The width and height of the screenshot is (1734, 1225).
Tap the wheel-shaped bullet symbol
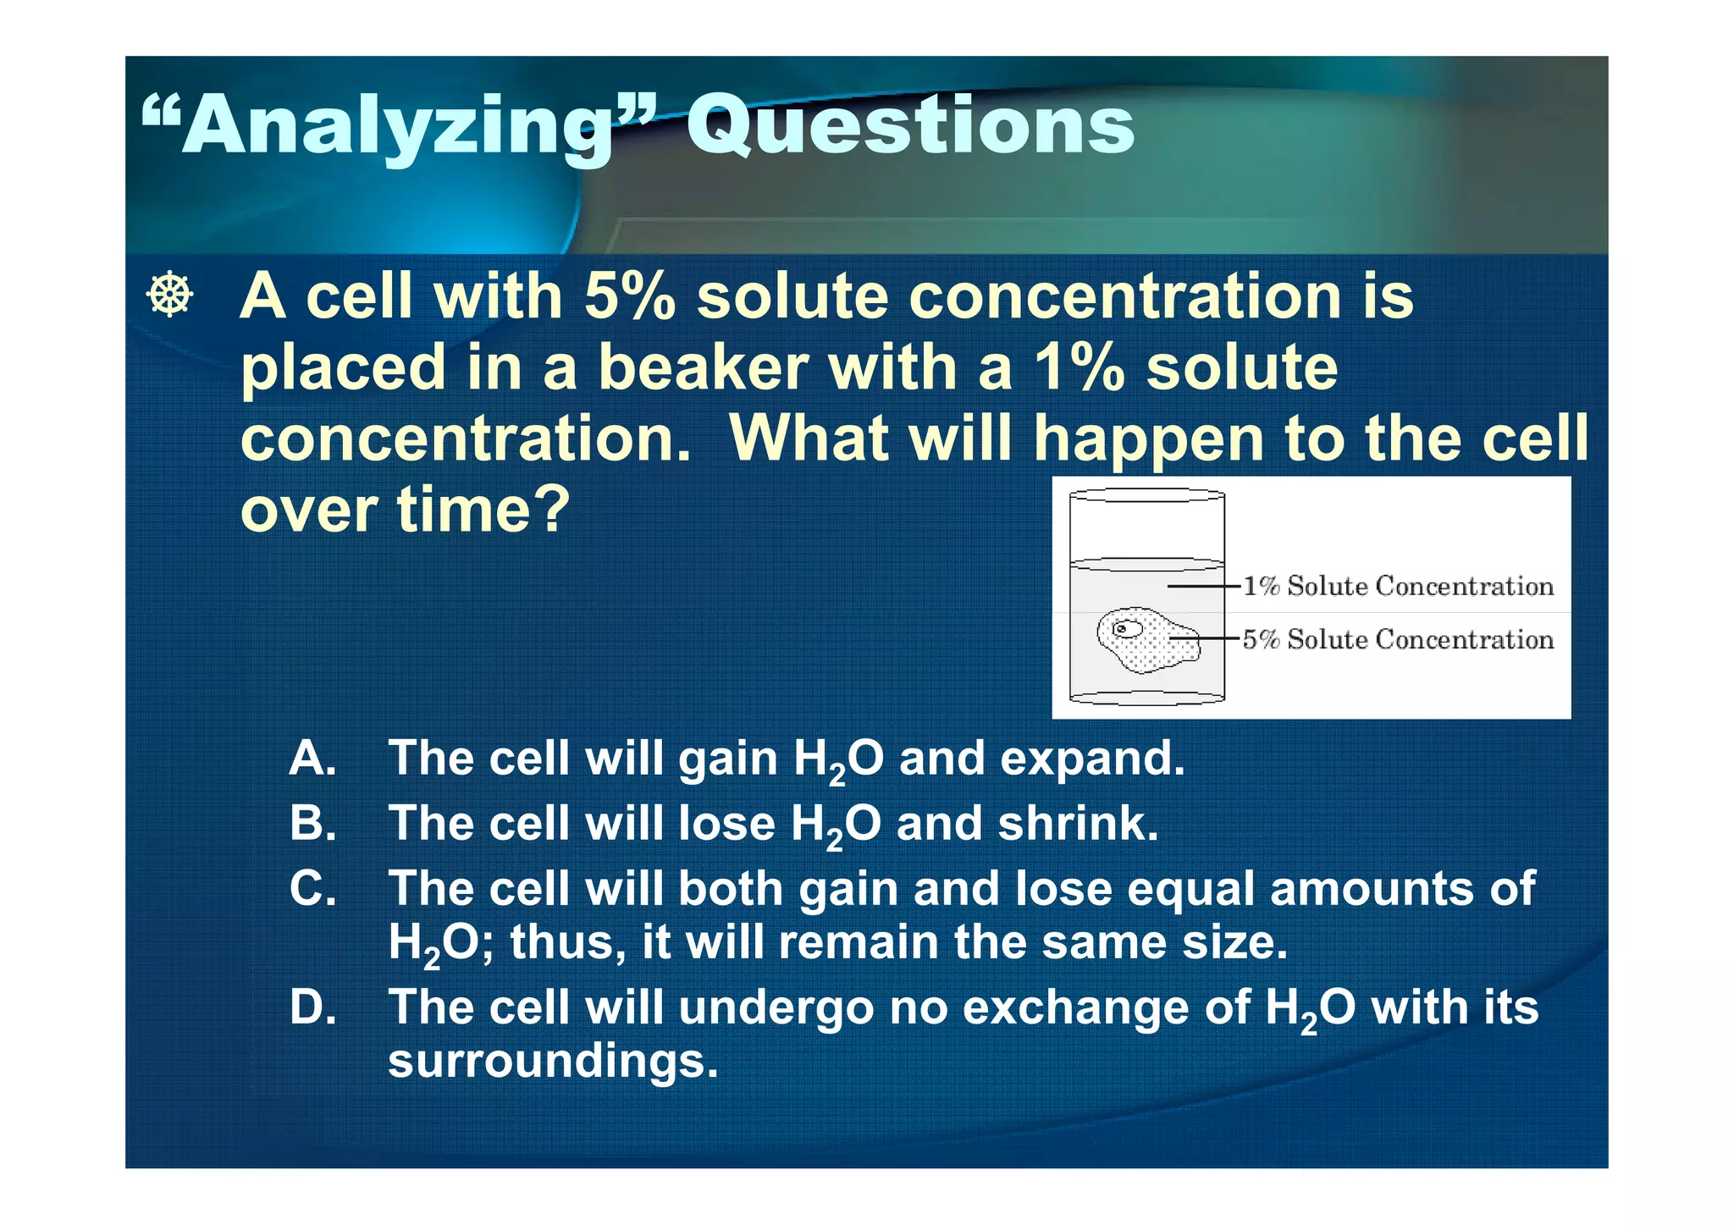(x=169, y=295)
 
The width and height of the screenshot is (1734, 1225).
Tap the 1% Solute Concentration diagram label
(x=1397, y=586)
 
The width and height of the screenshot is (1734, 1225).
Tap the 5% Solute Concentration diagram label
(x=1397, y=639)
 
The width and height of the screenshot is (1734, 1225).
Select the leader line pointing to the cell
(x=1205, y=638)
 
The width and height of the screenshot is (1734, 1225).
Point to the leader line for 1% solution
(x=1203, y=586)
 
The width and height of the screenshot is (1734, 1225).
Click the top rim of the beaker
(x=1146, y=495)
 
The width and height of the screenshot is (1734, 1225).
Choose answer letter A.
(x=312, y=758)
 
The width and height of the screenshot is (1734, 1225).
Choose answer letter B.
(x=312, y=823)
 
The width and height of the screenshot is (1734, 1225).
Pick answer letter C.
(x=312, y=889)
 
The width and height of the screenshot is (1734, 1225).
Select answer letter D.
(x=312, y=1007)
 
